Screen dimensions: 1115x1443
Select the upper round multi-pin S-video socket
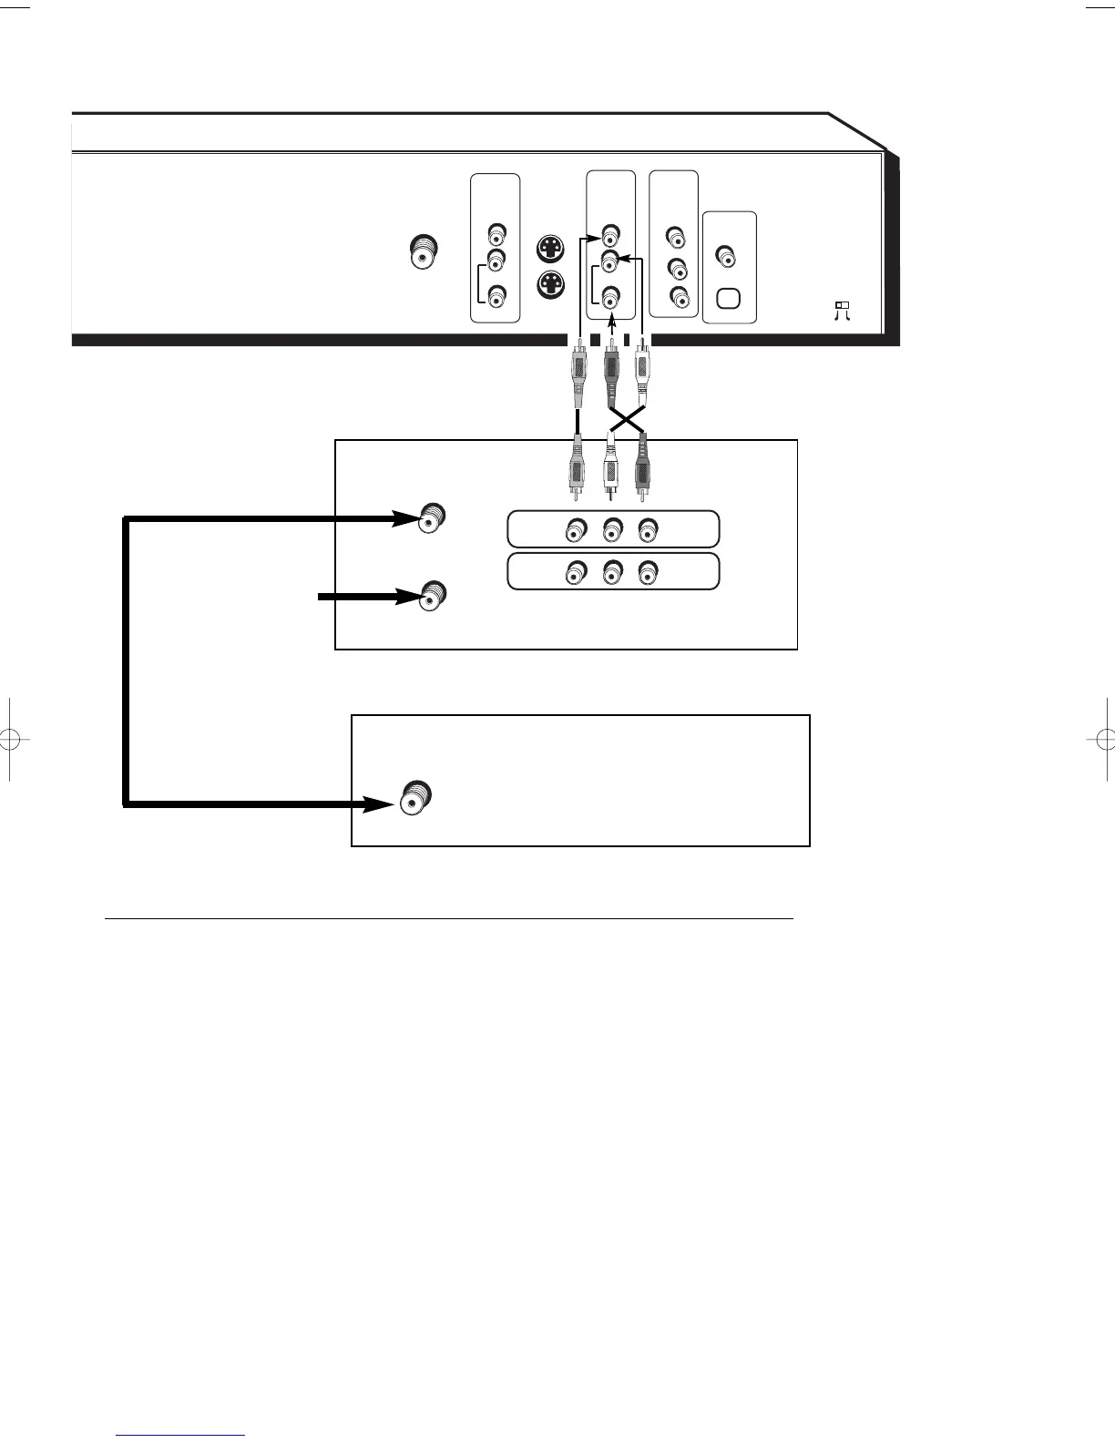coord(550,249)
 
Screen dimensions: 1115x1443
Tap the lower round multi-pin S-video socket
coord(550,285)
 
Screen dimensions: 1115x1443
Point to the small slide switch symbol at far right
coord(842,309)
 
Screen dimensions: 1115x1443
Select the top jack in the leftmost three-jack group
coord(495,233)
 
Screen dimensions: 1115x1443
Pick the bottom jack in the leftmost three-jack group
coord(495,297)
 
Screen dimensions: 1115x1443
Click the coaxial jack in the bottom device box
coord(414,799)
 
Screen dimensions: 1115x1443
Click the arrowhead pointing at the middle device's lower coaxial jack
coord(406,597)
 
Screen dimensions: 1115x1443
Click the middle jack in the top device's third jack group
coord(676,270)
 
